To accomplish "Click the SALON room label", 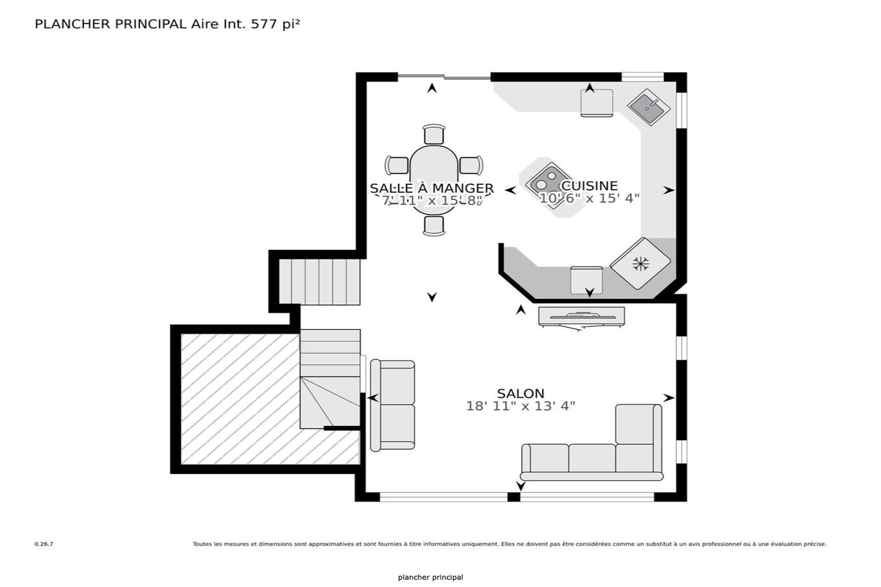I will (520, 393).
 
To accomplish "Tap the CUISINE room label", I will (589, 186).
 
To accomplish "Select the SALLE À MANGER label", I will (431, 188).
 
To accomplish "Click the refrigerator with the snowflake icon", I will (641, 263).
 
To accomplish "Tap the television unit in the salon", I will (581, 317).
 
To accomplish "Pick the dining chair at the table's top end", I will (434, 134).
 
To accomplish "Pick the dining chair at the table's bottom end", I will (434, 226).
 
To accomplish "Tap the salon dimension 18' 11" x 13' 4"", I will (520, 406).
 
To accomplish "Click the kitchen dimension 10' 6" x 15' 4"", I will (589, 199).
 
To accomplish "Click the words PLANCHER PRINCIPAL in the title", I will (110, 24).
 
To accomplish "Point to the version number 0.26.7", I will (44, 544).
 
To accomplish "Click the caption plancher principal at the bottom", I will (430, 577).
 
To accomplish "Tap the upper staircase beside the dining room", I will (320, 282).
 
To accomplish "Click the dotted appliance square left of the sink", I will (597, 103).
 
